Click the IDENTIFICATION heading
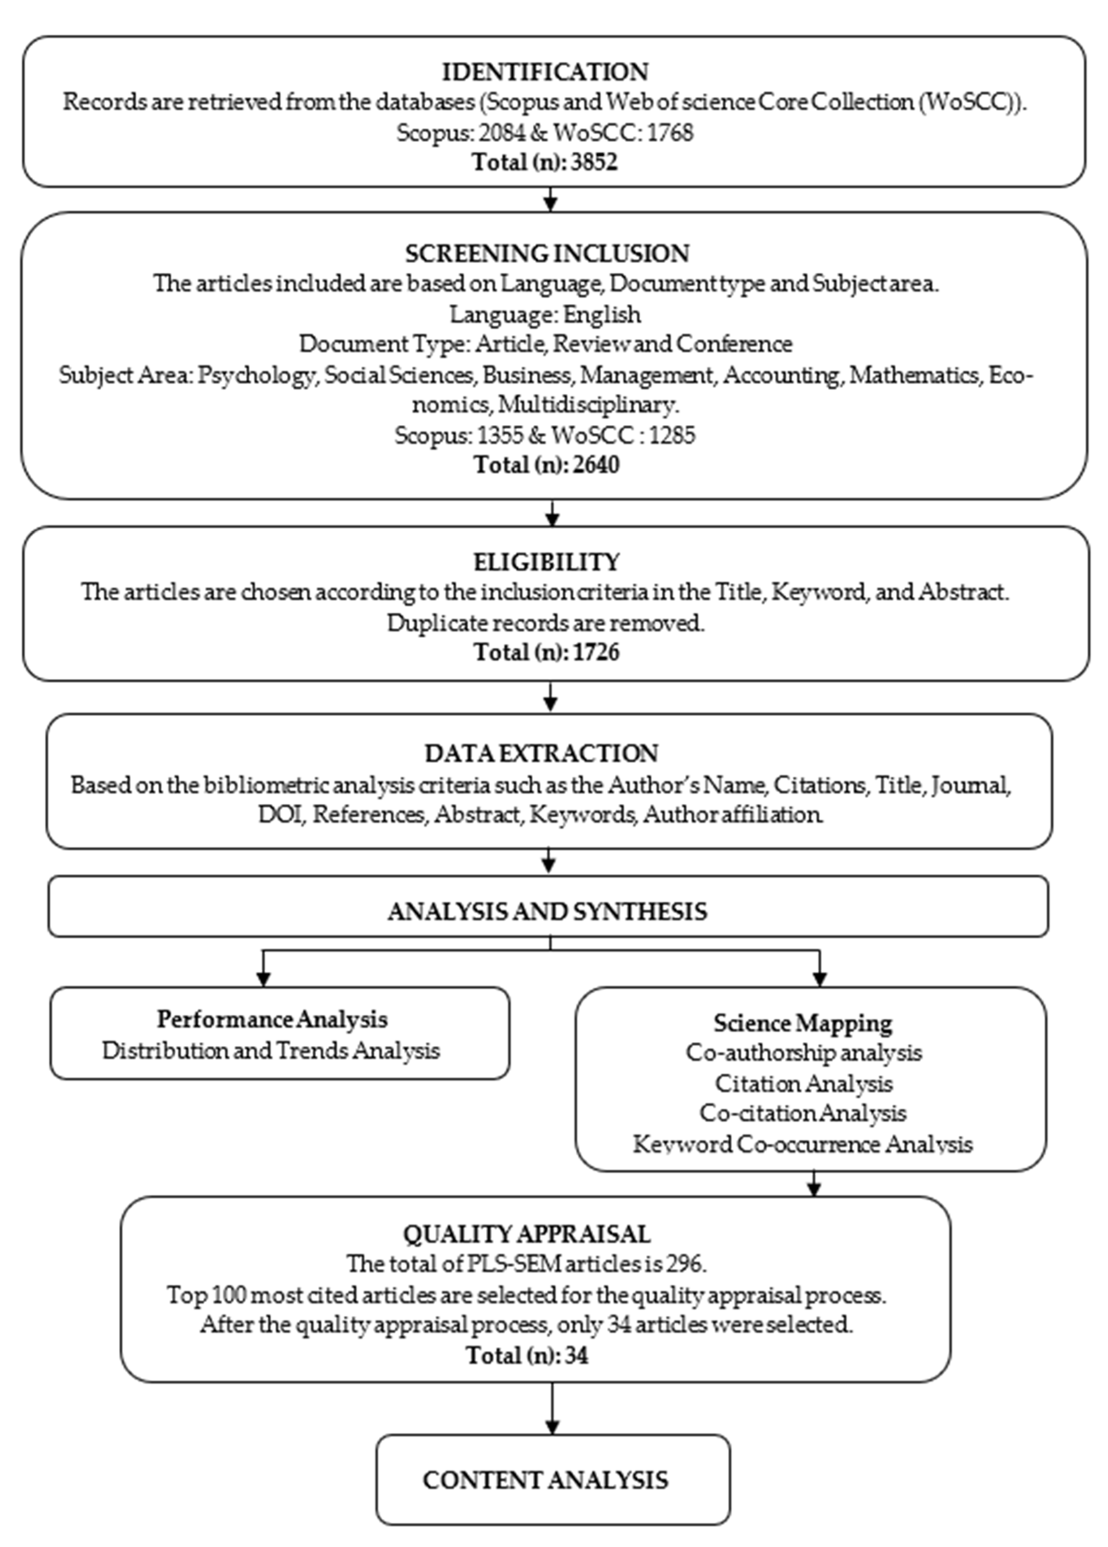(545, 71)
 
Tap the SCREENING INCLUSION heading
(547, 253)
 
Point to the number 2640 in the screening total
(597, 465)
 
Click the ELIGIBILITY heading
(547, 561)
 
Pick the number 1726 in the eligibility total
(597, 652)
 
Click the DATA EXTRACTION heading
(541, 753)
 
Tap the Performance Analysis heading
(272, 1019)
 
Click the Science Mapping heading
(802, 1023)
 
